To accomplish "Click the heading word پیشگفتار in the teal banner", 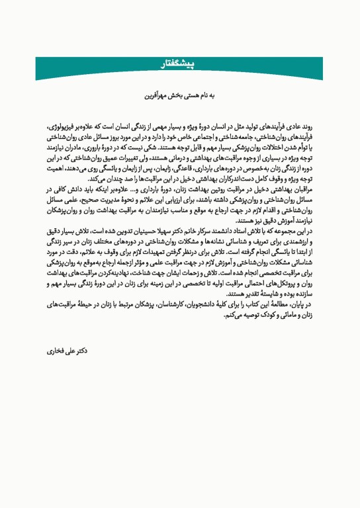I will [179, 63].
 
